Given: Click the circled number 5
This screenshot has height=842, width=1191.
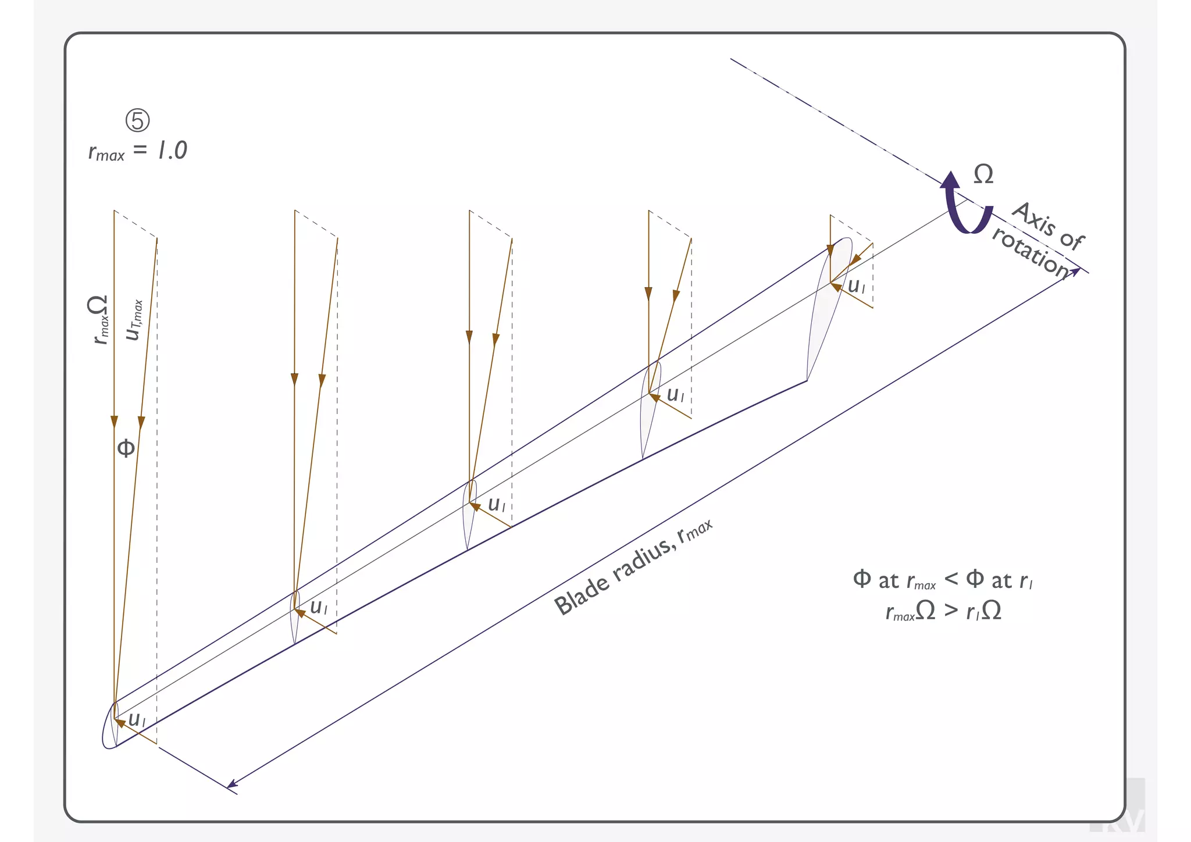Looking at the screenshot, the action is point(138,120).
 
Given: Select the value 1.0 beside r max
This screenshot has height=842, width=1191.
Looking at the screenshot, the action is point(172,151).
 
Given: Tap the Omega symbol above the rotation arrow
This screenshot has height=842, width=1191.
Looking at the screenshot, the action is point(983,174).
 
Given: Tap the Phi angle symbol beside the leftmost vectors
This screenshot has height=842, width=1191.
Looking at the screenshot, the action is point(126,448).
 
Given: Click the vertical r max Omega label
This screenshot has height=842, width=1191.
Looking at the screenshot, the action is point(99,319).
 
